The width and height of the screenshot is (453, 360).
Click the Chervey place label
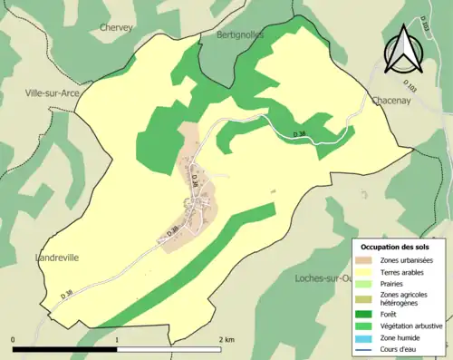coord(116,27)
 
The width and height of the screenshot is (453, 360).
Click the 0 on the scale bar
coord(14,339)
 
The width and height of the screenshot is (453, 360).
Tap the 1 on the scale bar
coord(117,339)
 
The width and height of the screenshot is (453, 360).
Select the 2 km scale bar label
coord(226,339)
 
